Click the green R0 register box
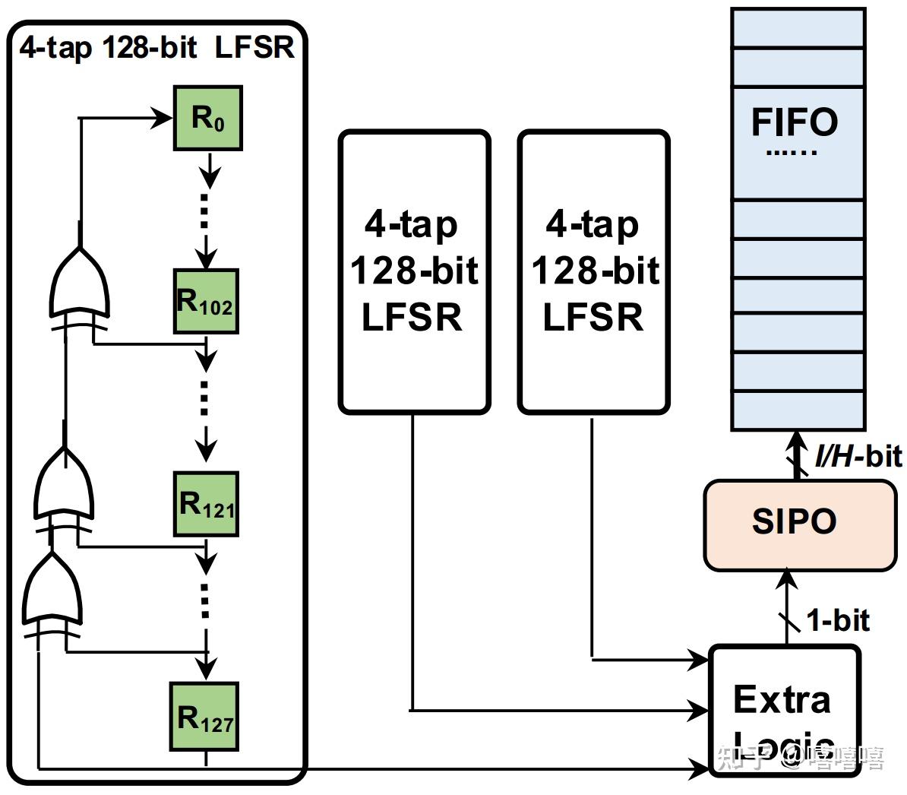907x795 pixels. (x=208, y=119)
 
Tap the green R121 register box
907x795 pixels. (x=206, y=504)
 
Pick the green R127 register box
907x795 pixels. (x=205, y=717)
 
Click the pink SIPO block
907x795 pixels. (x=799, y=524)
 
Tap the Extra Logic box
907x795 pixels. (x=784, y=707)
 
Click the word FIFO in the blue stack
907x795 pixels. (x=795, y=122)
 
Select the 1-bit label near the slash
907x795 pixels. (x=838, y=620)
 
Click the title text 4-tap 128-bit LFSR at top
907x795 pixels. (x=157, y=48)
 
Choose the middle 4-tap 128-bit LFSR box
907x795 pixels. (x=414, y=271)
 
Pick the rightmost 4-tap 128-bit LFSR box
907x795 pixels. (x=594, y=271)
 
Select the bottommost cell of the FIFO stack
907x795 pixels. (x=798, y=410)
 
